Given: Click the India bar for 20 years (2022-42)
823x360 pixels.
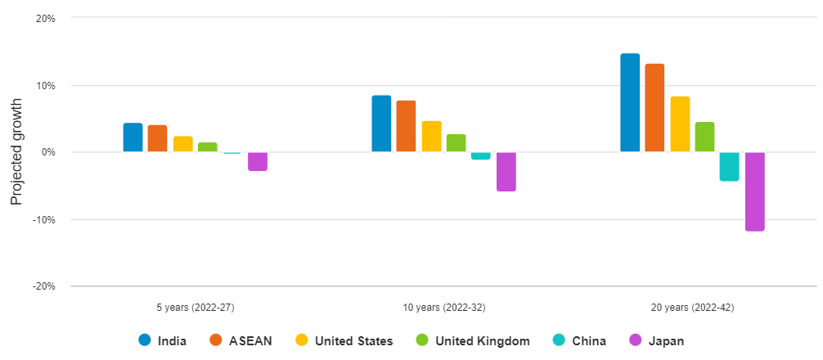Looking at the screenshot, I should point(630,102).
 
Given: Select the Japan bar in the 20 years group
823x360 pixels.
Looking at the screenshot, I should point(754,191).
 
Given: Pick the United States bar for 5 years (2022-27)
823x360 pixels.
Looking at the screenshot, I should point(182,144).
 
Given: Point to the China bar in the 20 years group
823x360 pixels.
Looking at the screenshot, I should point(730,166).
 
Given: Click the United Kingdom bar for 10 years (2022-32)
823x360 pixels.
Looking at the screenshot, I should point(456,143).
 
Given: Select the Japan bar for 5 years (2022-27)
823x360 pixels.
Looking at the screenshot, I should point(258,161).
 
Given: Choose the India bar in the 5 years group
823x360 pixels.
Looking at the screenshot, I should point(133,137).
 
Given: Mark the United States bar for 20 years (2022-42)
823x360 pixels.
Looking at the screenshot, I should point(680,124).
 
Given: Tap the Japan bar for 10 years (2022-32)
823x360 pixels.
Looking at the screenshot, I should point(506,172).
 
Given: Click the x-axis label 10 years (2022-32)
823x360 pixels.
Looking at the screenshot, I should point(444,308).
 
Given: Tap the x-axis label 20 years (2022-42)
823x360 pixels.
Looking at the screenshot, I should point(693,308).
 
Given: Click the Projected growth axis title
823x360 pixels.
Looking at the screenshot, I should point(16,152).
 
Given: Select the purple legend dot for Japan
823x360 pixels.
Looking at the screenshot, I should point(635,340).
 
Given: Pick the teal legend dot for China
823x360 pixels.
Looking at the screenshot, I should point(559,340).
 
